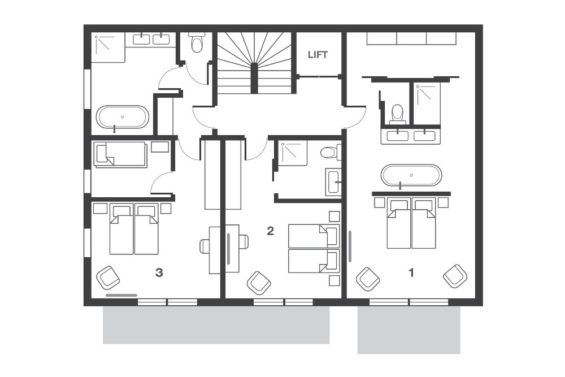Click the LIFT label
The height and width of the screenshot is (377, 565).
[x=318, y=55]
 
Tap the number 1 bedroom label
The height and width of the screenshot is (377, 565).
[x=411, y=273]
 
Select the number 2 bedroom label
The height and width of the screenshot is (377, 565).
[x=270, y=231]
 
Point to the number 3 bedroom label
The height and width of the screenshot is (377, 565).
[x=159, y=273]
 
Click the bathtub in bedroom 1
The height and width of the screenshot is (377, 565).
[x=411, y=175]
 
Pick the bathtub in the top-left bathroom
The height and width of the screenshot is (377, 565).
[x=122, y=117]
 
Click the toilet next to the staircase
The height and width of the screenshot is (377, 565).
[x=197, y=42]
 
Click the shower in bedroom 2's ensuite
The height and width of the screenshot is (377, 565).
[x=294, y=153]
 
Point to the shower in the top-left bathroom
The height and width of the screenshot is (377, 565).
[x=108, y=48]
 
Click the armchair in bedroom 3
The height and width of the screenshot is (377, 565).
[x=108, y=278]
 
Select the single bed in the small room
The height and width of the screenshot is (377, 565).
[x=120, y=155]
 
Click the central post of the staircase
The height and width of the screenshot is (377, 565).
[x=254, y=77]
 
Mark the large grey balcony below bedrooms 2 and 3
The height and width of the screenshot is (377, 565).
[x=216, y=325]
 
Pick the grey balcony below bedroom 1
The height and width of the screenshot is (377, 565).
[x=408, y=330]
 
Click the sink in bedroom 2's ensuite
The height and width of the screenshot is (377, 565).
[x=333, y=182]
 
